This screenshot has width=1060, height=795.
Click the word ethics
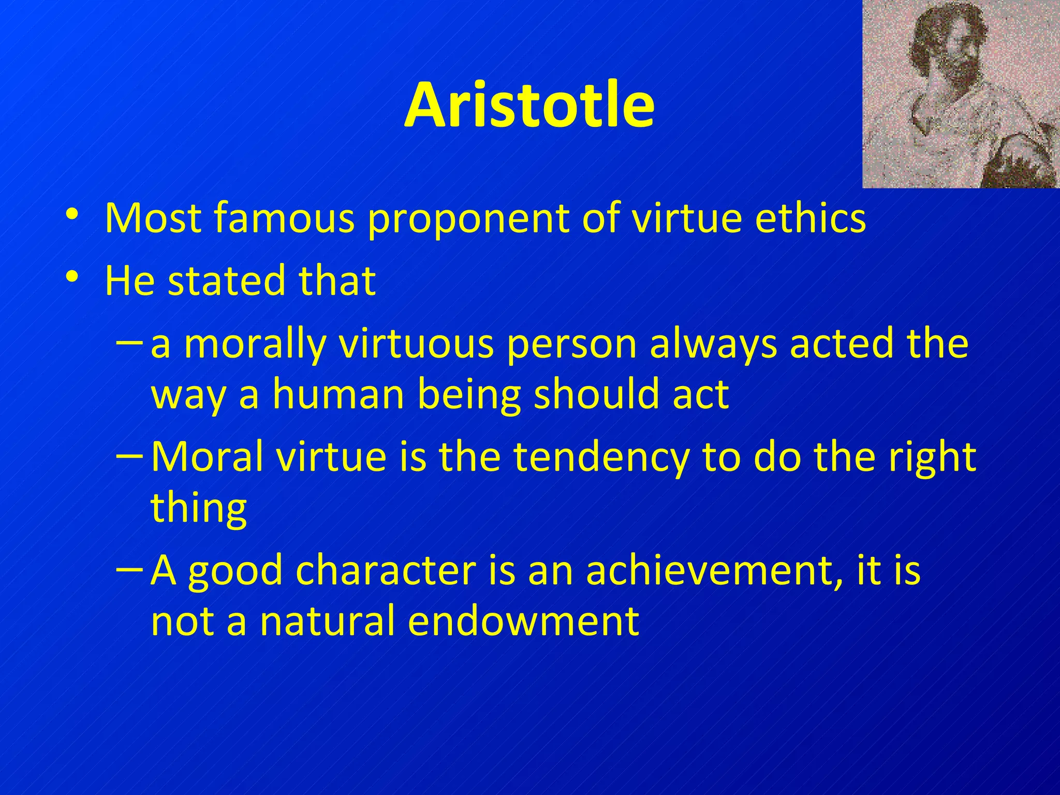click(810, 217)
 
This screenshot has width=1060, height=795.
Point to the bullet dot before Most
click(72, 214)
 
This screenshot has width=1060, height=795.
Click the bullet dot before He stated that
click(72, 276)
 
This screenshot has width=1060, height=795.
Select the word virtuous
click(417, 344)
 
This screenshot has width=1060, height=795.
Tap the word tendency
click(600, 458)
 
